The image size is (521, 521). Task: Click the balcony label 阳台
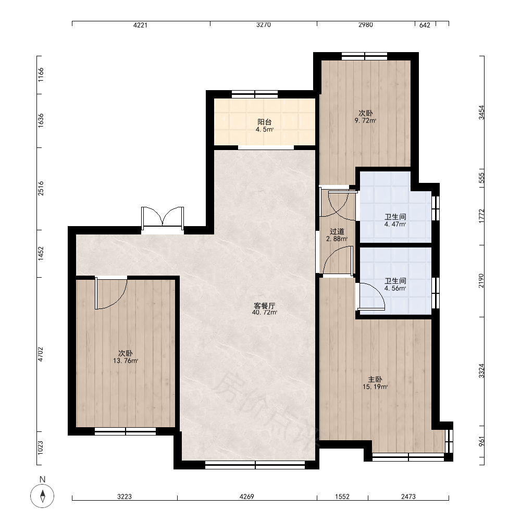click(x=265, y=122)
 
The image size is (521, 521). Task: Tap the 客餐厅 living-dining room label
click(x=264, y=306)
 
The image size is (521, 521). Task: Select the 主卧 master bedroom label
click(x=375, y=379)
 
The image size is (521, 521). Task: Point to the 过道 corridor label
click(x=337, y=232)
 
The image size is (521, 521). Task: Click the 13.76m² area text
click(x=126, y=361)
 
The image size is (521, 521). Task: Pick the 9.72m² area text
click(x=366, y=121)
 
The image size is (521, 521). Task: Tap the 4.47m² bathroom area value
click(x=395, y=224)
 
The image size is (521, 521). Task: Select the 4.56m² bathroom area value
click(x=395, y=289)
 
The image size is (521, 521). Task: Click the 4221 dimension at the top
click(x=140, y=25)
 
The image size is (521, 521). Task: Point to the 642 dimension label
click(x=425, y=25)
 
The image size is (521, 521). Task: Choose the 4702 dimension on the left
click(x=41, y=354)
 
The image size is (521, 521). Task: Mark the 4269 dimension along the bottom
click(x=246, y=497)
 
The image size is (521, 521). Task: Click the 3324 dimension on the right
click(x=481, y=371)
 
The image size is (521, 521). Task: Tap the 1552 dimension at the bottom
click(x=342, y=497)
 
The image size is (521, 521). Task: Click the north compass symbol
click(x=42, y=496)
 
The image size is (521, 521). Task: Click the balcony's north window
click(x=255, y=94)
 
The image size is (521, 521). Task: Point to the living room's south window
click(x=255, y=465)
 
